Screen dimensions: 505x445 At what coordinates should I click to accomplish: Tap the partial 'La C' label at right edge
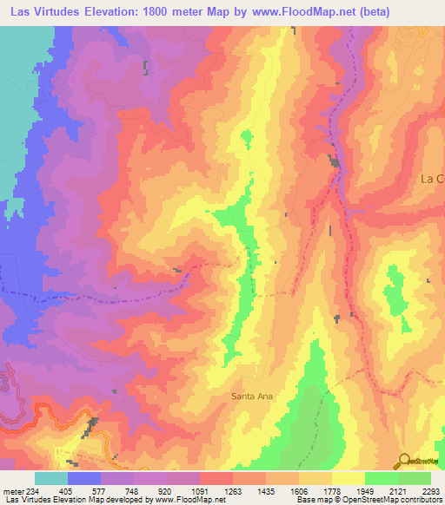[432, 179]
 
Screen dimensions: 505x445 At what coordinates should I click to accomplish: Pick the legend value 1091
[200, 490]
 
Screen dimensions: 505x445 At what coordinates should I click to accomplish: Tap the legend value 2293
[431, 490]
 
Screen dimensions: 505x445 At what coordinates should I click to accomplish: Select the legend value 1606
[299, 490]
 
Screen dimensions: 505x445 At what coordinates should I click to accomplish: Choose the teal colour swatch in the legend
[51, 478]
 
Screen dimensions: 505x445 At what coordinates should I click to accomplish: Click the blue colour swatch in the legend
[84, 478]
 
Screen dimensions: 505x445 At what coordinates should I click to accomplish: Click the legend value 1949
[365, 490]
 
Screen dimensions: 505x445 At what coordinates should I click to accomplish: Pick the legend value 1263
[233, 490]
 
